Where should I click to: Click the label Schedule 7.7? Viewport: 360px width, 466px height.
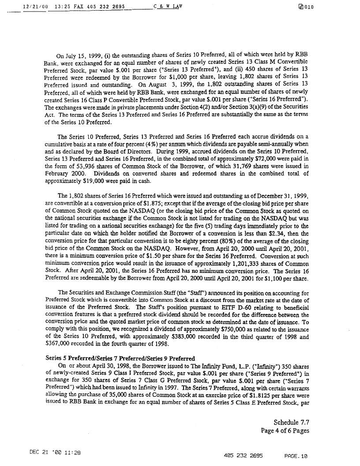(291, 422)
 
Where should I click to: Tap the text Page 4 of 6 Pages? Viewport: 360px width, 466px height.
(285, 430)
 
